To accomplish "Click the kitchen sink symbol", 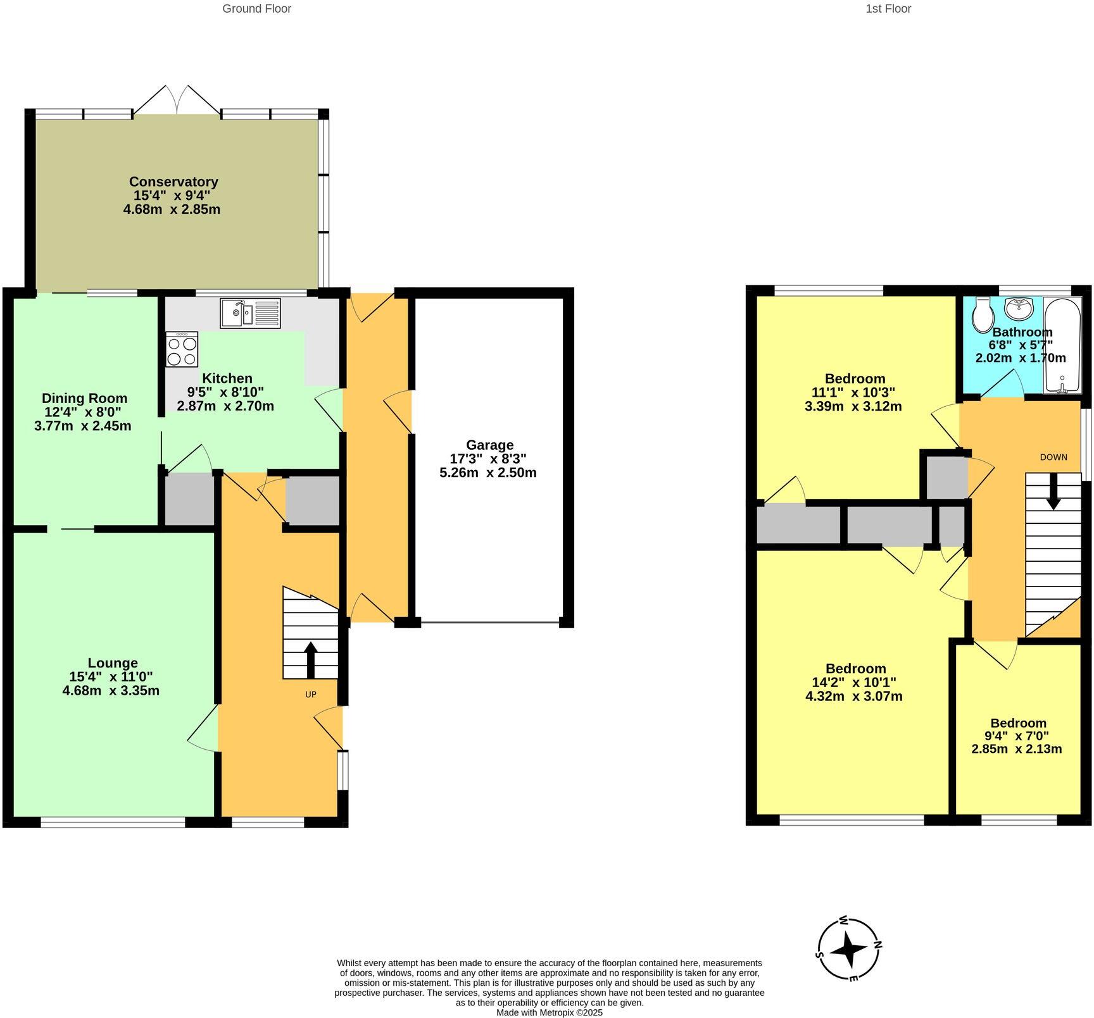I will pyautogui.click(x=250, y=313).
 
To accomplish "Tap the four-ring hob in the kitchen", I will pyautogui.click(x=182, y=350).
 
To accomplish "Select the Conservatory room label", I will pyautogui.click(x=173, y=182).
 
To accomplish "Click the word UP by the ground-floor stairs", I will pyautogui.click(x=310, y=694).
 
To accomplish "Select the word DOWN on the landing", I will pyautogui.click(x=1053, y=457).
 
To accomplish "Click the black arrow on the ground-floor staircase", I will pyautogui.click(x=310, y=660).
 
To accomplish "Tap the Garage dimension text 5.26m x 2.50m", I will pyautogui.click(x=487, y=473).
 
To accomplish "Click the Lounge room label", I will pyautogui.click(x=112, y=663).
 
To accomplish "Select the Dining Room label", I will pyautogui.click(x=84, y=398).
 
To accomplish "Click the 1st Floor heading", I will pyautogui.click(x=888, y=9).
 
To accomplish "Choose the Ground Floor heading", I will pyautogui.click(x=256, y=9).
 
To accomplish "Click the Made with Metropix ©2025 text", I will pyautogui.click(x=549, y=1012).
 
